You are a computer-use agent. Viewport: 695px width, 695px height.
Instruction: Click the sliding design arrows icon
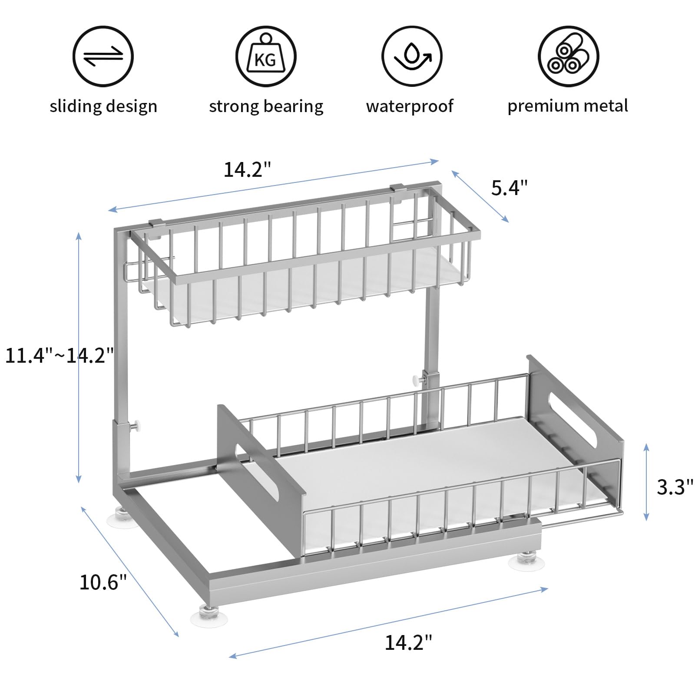point(103,57)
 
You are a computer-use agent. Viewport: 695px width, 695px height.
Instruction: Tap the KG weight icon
point(266,57)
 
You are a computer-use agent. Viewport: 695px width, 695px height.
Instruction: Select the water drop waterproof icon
point(411,57)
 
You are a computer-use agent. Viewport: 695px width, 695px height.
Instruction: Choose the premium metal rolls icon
point(568,57)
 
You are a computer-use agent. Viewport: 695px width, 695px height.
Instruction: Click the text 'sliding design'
point(103,106)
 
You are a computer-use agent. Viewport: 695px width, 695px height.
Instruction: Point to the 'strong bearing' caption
point(266,106)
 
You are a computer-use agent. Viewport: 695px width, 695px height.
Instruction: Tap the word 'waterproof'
point(410,106)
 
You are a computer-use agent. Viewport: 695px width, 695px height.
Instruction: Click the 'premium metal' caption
point(568,106)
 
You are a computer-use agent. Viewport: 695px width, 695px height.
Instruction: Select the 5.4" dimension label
point(509,188)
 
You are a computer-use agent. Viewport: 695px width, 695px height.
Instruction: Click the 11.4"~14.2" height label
point(59,355)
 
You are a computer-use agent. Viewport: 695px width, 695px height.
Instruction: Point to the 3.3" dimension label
point(674,487)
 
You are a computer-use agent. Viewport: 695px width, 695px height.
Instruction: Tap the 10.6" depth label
point(103,582)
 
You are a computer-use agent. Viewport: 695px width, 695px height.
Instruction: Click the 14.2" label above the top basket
point(247,169)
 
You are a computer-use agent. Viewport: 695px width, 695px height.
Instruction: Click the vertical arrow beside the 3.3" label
point(646,482)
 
